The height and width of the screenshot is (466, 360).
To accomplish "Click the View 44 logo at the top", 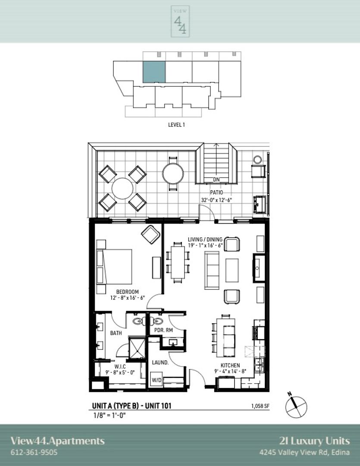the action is pyautogui.click(x=180, y=22).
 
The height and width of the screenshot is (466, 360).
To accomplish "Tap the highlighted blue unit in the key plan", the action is pyautogui.click(x=154, y=72).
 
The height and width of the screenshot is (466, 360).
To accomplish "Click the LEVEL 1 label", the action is pyautogui.click(x=176, y=125).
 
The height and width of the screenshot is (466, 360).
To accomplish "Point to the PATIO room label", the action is pyautogui.click(x=216, y=192).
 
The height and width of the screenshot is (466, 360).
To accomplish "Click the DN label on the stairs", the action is pyautogui.click(x=216, y=179).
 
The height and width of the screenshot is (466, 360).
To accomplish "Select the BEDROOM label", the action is pyautogui.click(x=128, y=292).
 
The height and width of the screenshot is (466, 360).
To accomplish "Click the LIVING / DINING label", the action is pyautogui.click(x=205, y=239).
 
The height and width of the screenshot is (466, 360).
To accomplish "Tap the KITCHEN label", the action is pyautogui.click(x=230, y=365).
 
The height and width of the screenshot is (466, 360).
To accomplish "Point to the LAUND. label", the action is pyautogui.click(x=160, y=362).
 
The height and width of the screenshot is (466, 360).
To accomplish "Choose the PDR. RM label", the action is pyautogui.click(x=163, y=330).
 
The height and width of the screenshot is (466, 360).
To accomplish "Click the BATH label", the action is pyautogui.click(x=116, y=333).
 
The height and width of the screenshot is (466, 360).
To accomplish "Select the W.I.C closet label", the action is pyautogui.click(x=120, y=367).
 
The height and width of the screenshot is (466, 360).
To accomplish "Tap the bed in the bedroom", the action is pyautogui.click(x=114, y=267).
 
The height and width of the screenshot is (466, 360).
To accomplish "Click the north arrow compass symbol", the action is pyautogui.click(x=296, y=406).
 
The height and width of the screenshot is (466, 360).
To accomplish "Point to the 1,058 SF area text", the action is pyautogui.click(x=260, y=406).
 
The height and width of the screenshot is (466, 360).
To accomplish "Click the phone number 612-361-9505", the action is pyautogui.click(x=34, y=452).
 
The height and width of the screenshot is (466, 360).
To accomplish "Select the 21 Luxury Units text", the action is pyautogui.click(x=315, y=441).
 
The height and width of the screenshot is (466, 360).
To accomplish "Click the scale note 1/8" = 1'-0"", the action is pyautogui.click(x=109, y=415).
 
